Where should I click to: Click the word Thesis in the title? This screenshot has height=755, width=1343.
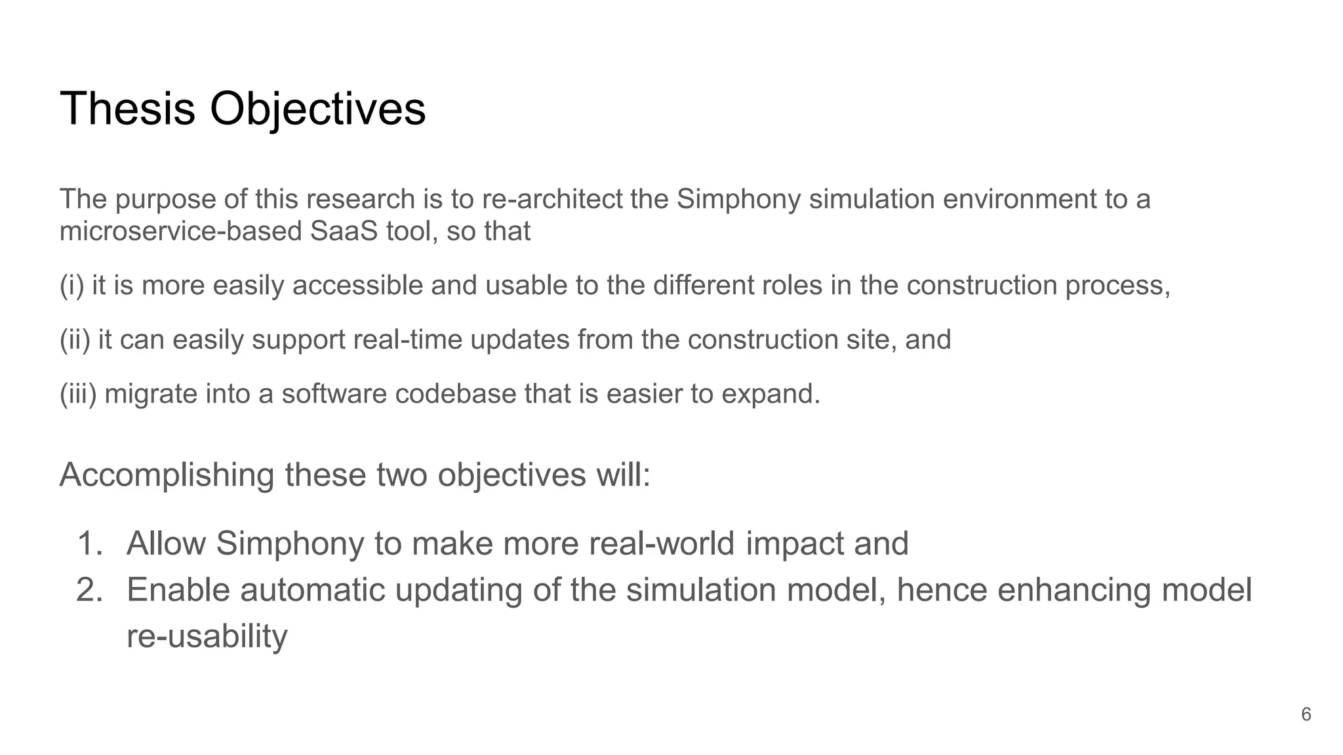(x=127, y=109)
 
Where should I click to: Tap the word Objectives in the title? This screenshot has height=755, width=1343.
(x=317, y=109)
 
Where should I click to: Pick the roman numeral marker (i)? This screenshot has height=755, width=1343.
(x=72, y=286)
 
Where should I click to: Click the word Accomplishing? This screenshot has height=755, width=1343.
(x=167, y=475)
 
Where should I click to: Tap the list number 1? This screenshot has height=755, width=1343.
(x=90, y=543)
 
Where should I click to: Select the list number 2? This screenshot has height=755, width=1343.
(x=90, y=590)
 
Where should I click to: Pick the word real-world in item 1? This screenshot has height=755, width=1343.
(x=662, y=543)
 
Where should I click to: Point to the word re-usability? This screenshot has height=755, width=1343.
(x=207, y=636)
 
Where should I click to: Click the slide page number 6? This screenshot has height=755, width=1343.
(x=1306, y=714)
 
